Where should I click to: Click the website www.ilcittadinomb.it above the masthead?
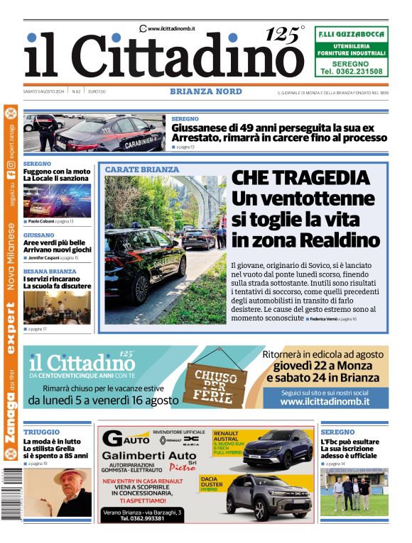click(171, 28)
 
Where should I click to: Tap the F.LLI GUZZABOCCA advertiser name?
click(351, 33)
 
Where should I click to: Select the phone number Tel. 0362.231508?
click(351, 72)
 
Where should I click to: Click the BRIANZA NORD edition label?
click(206, 91)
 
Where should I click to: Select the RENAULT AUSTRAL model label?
click(227, 435)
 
